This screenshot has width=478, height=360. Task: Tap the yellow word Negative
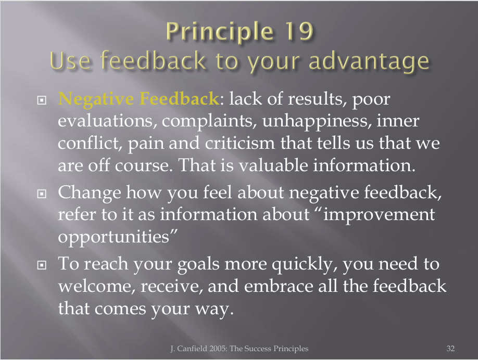pos(96,99)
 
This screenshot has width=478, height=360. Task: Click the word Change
pos(90,194)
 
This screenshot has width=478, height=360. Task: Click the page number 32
pos(450,349)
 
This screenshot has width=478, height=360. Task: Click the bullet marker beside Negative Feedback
pos(42,100)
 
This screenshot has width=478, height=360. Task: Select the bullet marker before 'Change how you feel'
pos(42,194)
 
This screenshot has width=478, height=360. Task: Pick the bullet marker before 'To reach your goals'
pos(42,265)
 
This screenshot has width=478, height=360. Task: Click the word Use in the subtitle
pos(70,61)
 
